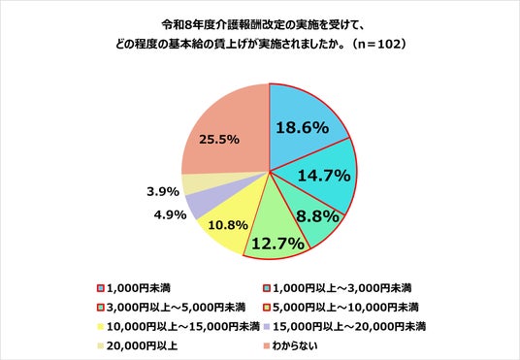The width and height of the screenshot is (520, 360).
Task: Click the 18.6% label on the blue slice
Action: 302,127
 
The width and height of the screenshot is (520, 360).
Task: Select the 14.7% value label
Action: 324,175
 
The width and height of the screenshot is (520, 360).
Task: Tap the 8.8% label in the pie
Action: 317,216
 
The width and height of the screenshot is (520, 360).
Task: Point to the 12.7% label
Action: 277,244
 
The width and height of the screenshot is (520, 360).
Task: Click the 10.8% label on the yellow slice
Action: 228,226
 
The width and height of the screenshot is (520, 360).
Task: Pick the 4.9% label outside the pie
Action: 170,215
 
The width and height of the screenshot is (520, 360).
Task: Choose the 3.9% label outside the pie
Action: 163,191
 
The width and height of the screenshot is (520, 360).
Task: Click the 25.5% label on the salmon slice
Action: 219,140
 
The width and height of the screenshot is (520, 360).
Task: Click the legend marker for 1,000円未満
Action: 101,288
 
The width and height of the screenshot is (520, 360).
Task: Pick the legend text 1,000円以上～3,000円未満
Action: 341,287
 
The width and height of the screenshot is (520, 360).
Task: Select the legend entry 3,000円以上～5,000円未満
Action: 172,308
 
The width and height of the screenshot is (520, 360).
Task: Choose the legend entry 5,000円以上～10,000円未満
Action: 341,308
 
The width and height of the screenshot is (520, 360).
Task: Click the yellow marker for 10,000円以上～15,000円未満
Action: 101,327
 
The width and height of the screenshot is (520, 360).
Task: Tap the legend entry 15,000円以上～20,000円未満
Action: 345,327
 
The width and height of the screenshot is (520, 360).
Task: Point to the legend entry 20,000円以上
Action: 138,346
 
